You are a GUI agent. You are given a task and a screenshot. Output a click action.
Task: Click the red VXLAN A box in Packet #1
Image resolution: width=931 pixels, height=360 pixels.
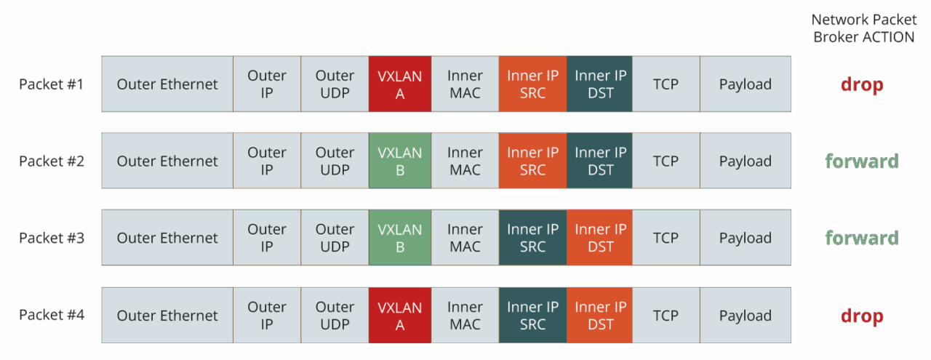(x=400, y=84)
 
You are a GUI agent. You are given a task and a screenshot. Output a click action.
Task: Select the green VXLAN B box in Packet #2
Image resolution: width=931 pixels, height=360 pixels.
(x=400, y=161)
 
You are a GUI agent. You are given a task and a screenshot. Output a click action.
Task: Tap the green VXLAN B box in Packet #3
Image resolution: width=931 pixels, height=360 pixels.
(x=400, y=238)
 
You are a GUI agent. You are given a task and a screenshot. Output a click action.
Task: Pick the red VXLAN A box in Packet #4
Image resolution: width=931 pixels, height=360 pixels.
(x=400, y=316)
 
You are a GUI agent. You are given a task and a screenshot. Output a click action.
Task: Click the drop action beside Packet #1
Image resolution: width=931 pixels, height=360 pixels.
(x=862, y=84)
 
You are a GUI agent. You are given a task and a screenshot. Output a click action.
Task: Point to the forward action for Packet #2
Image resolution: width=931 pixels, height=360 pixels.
(x=862, y=161)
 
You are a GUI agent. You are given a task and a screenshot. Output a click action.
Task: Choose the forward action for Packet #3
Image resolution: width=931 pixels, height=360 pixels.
(x=862, y=239)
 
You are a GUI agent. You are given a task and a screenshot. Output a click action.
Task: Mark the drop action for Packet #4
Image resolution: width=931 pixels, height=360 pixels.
(x=862, y=316)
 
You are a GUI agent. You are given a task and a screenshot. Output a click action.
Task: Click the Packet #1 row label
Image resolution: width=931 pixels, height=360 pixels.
(x=52, y=84)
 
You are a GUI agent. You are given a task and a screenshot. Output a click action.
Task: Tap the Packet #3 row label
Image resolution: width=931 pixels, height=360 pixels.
(x=52, y=239)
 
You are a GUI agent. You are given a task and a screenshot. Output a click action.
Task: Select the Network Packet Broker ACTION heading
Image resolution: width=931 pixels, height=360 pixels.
(x=863, y=28)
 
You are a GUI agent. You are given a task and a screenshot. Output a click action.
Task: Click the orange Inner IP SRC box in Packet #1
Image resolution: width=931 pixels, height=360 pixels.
(x=533, y=84)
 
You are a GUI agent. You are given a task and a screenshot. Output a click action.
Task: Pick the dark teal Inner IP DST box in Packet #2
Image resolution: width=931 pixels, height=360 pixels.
(x=600, y=161)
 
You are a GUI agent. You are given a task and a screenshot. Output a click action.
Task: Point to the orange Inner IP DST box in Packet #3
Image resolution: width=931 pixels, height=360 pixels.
(x=600, y=238)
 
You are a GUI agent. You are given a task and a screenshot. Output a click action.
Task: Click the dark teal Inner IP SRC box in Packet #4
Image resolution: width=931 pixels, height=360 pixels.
(x=533, y=316)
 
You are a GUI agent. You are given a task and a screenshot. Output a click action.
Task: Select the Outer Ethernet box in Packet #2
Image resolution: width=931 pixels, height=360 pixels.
(x=167, y=161)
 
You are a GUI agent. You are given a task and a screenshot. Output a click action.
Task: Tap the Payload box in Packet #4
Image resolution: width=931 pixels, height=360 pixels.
(x=746, y=316)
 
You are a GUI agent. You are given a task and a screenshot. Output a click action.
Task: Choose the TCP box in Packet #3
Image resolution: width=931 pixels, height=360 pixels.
(x=666, y=238)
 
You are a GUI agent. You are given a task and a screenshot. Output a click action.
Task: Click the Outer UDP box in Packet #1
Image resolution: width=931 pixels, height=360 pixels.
(x=335, y=84)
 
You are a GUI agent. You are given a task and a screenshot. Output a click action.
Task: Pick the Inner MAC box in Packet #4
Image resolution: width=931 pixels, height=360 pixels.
(x=465, y=316)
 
